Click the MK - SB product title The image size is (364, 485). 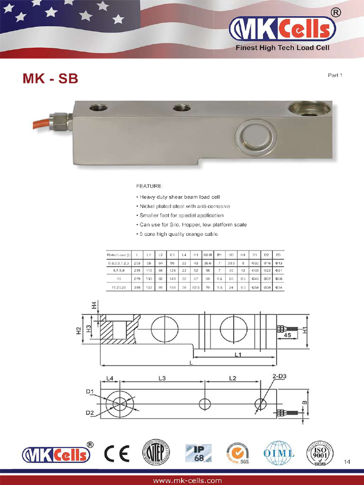click(50, 78)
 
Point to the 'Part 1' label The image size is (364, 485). click(335, 75)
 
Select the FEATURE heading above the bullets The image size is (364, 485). click(149, 186)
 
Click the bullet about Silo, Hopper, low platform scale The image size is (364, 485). click(192, 225)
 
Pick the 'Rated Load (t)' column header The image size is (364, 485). click(118, 255)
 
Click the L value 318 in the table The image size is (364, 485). click(137, 287)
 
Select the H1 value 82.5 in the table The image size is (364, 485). click(196, 287)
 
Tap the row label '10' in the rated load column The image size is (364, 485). click(118, 278)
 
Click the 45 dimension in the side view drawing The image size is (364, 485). click(287, 335)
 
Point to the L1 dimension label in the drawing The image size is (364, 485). click(238, 354)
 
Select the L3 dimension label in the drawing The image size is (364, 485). click(161, 378)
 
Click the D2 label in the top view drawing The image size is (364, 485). click(90, 413)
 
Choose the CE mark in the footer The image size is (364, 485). click(117, 454)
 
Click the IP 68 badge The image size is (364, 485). click(198, 453)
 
